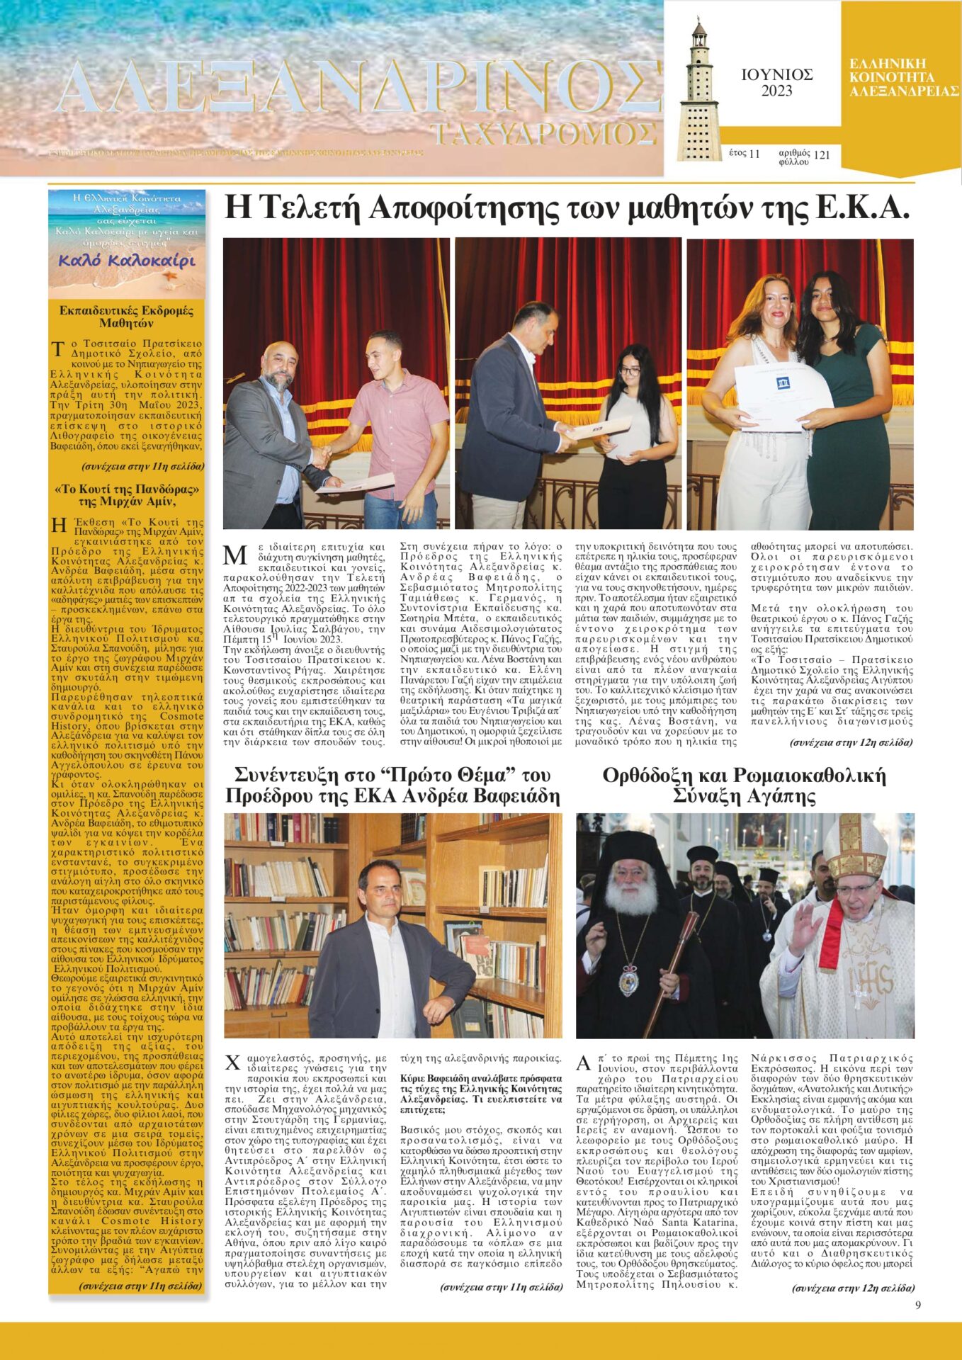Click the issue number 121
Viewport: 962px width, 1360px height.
click(x=822, y=154)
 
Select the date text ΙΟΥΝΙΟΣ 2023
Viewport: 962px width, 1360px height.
click(x=776, y=82)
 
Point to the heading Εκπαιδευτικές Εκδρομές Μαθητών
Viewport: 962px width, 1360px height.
click(x=126, y=317)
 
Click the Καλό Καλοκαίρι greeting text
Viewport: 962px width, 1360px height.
click(x=126, y=261)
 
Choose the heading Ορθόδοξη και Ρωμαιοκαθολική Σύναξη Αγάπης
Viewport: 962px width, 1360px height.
click(x=745, y=786)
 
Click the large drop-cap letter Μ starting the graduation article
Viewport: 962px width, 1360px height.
click(x=234, y=555)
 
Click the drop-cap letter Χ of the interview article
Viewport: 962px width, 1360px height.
click(x=233, y=1063)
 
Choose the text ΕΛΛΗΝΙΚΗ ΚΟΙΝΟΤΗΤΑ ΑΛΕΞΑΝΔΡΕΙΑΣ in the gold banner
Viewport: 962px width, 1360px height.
click(x=902, y=77)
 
